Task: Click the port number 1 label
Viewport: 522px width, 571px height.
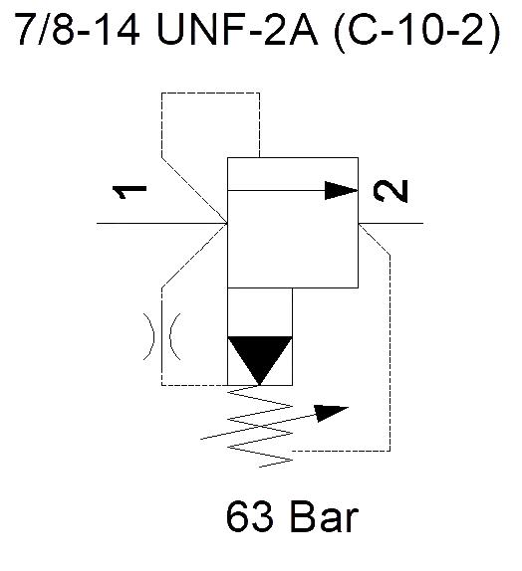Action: coord(130,192)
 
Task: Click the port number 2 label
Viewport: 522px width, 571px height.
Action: coord(391,190)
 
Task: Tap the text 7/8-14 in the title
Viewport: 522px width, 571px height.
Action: coord(78,29)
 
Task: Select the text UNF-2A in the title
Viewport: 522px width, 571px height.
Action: coord(237,29)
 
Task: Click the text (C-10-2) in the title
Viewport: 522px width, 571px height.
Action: coord(417,31)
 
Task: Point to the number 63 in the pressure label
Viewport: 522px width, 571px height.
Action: coord(250,516)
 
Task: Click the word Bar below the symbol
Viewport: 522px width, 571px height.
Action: coord(324,516)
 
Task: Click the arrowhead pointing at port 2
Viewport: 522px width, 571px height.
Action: coord(341,190)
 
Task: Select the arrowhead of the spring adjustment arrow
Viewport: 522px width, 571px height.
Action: coord(331,412)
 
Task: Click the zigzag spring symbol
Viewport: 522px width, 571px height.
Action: coord(260,426)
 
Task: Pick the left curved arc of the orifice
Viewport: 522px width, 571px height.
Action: coord(149,336)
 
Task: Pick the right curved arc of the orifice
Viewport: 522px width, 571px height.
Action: coord(174,336)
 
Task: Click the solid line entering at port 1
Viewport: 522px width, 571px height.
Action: coord(162,223)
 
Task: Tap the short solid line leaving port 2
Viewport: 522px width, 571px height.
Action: coord(391,223)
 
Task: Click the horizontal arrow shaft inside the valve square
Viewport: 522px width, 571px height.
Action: coord(276,190)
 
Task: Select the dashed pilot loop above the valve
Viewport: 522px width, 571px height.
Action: coord(210,94)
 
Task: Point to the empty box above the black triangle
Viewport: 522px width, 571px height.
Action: coord(260,312)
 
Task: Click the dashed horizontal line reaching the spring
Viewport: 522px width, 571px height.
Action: coord(342,452)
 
